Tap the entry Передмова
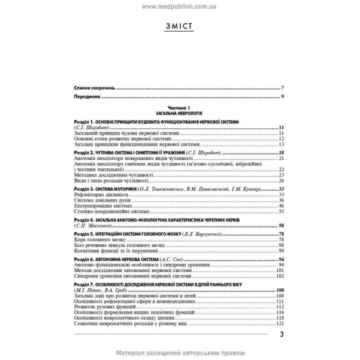pos(87,96)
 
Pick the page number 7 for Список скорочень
pos(282,87)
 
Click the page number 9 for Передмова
pos(282,96)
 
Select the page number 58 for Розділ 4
pos(281,225)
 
